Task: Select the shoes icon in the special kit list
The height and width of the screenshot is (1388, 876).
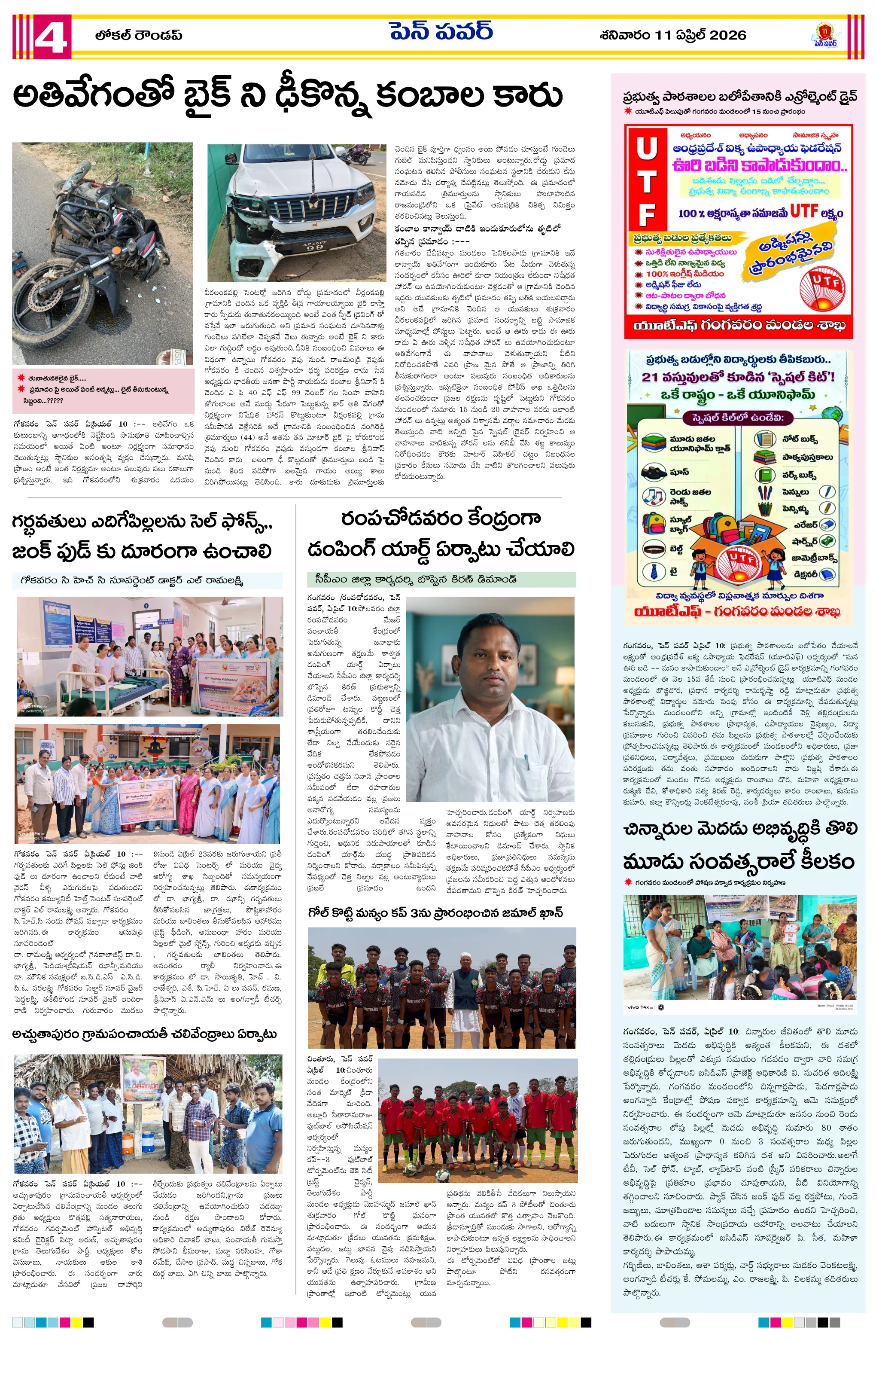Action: (x=654, y=472)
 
